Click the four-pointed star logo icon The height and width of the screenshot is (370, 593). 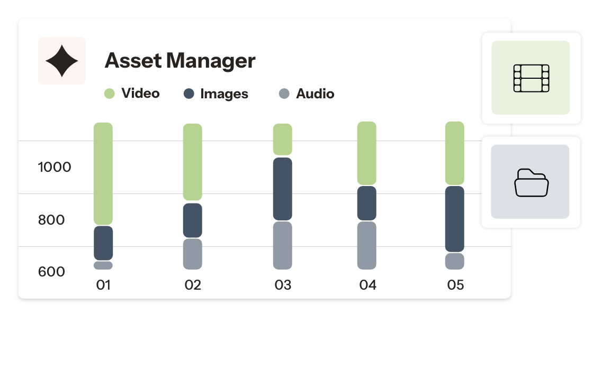[x=62, y=61]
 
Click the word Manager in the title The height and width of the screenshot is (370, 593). [x=211, y=61]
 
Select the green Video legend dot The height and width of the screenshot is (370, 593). [x=109, y=94]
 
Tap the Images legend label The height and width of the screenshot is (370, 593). [x=224, y=94]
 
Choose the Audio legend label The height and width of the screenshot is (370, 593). [x=315, y=94]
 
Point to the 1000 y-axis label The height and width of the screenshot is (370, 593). [x=55, y=168]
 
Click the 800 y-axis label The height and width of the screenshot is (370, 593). [x=51, y=220]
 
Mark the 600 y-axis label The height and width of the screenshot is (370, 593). [x=51, y=272]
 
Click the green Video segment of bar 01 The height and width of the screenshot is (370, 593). [x=103, y=173]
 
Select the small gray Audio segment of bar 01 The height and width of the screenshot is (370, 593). [x=103, y=265]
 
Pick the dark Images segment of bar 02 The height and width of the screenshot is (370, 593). [x=193, y=220]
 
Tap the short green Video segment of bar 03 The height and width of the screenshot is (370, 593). [x=283, y=140]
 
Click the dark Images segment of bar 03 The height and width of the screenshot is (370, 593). [x=283, y=189]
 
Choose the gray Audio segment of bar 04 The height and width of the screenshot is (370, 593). [x=367, y=245]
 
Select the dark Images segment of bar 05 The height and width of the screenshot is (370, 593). [x=455, y=219]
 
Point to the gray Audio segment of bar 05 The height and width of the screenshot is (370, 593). [x=455, y=261]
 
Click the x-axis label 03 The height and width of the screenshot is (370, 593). [x=283, y=285]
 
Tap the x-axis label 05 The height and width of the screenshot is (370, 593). [x=455, y=285]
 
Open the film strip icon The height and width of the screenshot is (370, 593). [x=531, y=78]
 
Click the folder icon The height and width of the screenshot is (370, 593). [x=531, y=182]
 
